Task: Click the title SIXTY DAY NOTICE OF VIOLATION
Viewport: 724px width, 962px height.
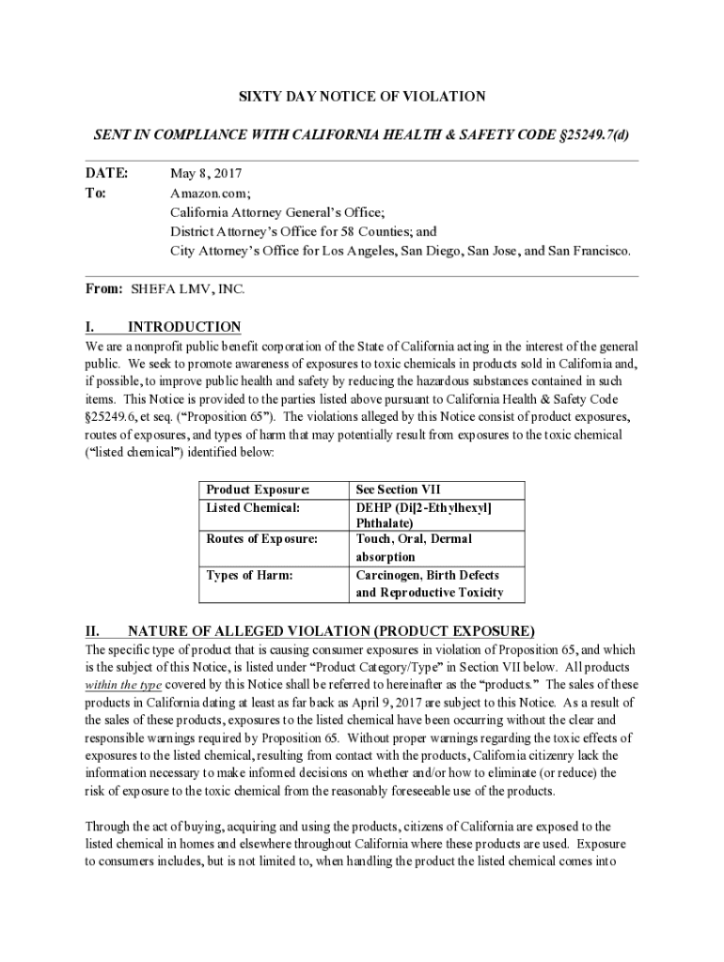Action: coord(361,97)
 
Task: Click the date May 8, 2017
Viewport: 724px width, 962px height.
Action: coord(206,174)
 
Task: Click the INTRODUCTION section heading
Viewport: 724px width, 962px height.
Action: coord(184,327)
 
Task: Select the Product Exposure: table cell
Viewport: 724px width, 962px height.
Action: coord(257,489)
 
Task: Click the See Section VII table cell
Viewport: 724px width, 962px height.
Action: coord(399,489)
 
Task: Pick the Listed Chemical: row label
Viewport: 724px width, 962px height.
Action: coord(253,507)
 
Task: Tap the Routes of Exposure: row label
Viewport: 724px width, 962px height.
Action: coord(260,539)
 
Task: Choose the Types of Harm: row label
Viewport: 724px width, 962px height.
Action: coord(249,575)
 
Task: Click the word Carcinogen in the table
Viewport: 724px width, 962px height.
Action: coord(389,575)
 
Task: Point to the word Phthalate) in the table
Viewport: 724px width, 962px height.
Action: coord(386,523)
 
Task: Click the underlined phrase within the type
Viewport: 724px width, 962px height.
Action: coord(122,684)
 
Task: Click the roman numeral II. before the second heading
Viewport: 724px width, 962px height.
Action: coord(93,630)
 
